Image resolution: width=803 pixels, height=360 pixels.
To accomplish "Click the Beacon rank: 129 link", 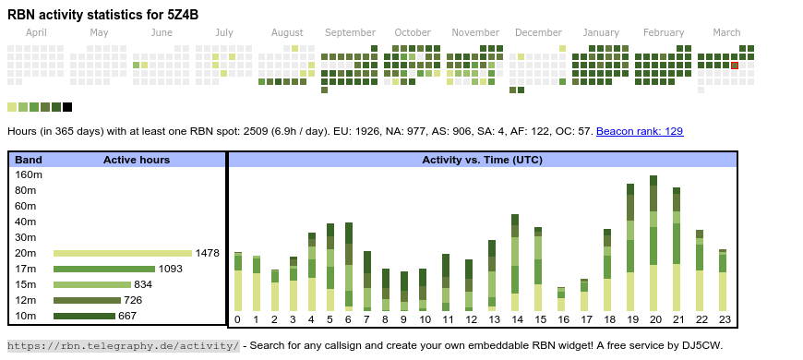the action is (x=640, y=131).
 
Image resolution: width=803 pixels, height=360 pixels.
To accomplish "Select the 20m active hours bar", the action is (x=123, y=253).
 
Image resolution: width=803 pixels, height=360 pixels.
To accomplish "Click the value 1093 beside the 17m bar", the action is (x=170, y=269).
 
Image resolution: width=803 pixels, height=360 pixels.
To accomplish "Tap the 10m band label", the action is (x=26, y=316).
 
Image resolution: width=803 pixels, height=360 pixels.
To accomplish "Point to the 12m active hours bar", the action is (x=87, y=300).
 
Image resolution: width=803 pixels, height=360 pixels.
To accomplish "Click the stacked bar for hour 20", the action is (x=653, y=244).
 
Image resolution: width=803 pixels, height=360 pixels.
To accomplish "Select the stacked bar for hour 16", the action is (x=561, y=299).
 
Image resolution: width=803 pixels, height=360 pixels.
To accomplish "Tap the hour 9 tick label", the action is (x=403, y=320).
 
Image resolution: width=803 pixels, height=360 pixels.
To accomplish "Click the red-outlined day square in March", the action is (x=735, y=65).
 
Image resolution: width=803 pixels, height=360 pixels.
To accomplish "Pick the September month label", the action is (x=351, y=33).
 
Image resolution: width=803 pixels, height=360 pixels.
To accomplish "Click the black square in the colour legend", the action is (x=67, y=107).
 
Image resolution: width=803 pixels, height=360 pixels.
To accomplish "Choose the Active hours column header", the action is (x=137, y=160).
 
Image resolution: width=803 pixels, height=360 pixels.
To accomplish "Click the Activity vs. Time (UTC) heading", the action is (x=482, y=160).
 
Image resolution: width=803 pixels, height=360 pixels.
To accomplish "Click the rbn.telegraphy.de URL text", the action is (x=123, y=345).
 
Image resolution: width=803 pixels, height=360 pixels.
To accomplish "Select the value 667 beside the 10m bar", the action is (x=127, y=316).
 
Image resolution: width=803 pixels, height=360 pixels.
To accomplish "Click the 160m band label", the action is (x=29, y=175).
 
